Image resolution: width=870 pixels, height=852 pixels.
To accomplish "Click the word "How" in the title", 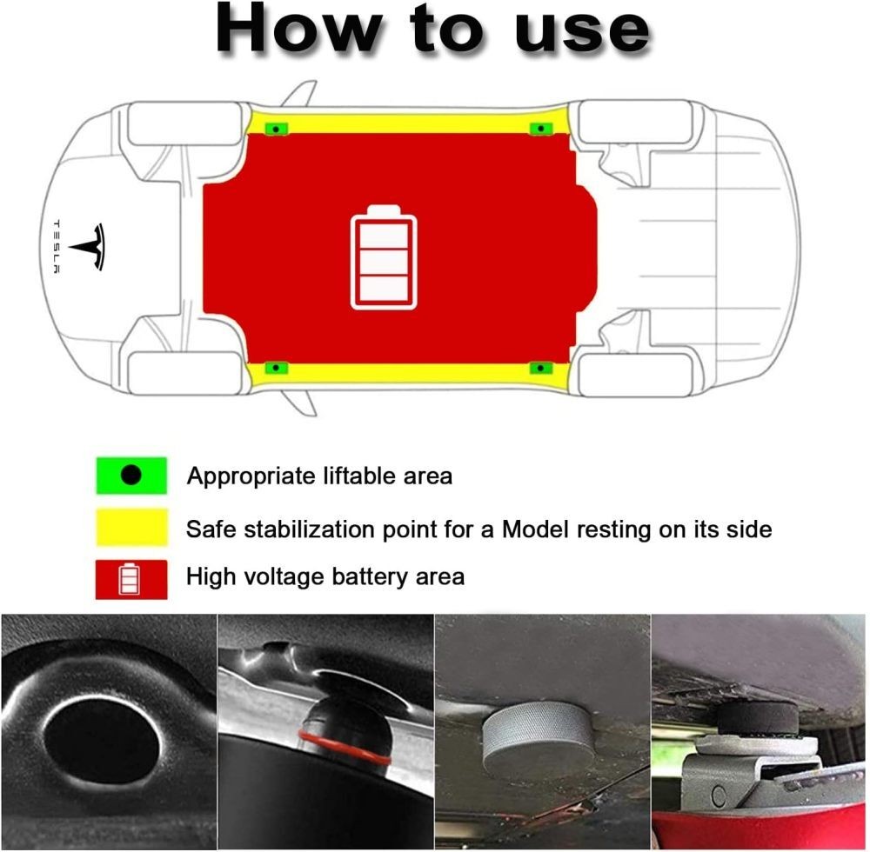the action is [x=298, y=28].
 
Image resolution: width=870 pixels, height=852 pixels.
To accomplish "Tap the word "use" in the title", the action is [x=583, y=32].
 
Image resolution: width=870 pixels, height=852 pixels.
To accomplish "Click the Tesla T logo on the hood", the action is [x=88, y=247].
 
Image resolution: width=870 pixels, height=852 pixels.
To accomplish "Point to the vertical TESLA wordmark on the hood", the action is [x=57, y=247].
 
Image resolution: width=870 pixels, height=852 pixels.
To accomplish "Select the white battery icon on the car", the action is [x=384, y=257].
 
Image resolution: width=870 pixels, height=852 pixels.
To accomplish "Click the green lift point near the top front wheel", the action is [x=277, y=129].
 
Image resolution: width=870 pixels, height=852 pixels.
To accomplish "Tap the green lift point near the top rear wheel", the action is [x=541, y=129].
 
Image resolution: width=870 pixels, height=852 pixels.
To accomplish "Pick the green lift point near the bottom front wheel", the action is [x=277, y=368].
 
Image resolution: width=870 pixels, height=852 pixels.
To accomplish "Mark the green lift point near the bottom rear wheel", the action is [x=541, y=368].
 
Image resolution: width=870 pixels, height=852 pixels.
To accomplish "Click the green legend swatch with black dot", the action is [x=131, y=475].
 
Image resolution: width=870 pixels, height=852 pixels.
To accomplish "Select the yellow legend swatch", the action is [x=131, y=527].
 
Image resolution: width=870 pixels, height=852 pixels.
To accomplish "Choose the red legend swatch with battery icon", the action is [x=131, y=579].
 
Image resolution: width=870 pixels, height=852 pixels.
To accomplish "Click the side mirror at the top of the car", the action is [x=300, y=93].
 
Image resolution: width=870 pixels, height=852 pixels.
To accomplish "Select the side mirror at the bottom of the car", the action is [x=300, y=403].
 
